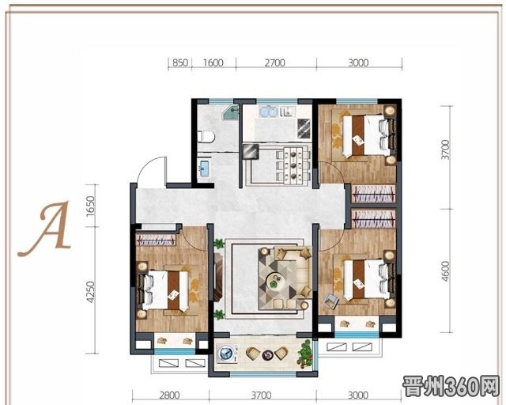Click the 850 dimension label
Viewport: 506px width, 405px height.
(180, 62)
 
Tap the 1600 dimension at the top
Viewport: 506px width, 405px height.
(213, 62)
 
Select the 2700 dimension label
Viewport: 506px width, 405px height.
(274, 62)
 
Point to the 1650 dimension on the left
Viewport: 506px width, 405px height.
(91, 206)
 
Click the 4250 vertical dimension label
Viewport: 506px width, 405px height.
(91, 292)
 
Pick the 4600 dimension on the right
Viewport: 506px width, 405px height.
(445, 271)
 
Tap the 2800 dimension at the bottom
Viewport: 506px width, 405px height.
(170, 395)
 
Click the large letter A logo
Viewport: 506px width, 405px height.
(46, 229)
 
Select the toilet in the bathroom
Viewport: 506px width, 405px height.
(206, 137)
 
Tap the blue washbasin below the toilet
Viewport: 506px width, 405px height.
(204, 168)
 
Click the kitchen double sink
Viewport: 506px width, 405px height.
(268, 112)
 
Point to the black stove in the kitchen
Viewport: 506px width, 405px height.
(304, 129)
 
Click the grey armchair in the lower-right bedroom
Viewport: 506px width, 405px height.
(330, 301)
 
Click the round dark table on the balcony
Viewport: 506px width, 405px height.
(267, 354)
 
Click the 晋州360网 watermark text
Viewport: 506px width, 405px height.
(451, 386)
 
